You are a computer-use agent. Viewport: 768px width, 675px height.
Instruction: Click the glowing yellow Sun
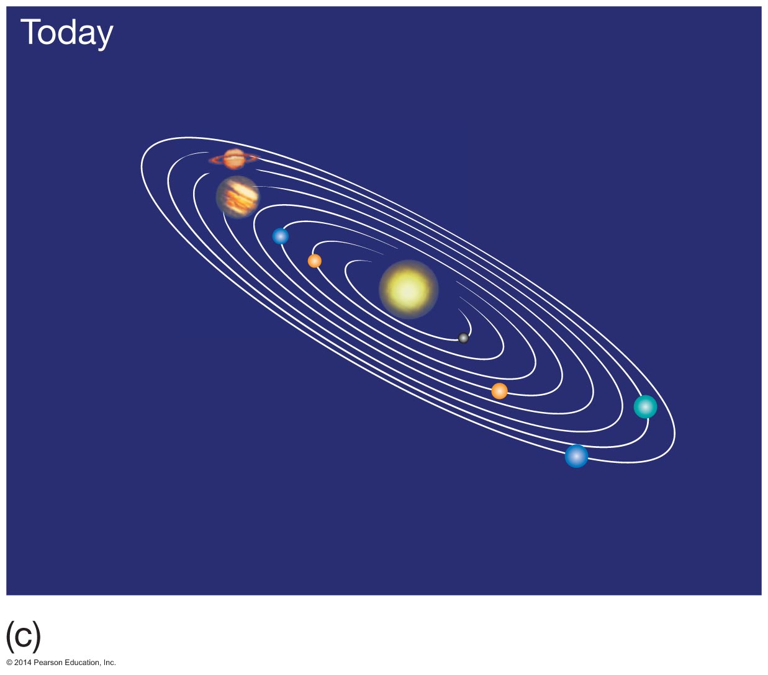point(409,289)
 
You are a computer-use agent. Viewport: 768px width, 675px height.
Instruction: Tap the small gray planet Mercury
point(463,338)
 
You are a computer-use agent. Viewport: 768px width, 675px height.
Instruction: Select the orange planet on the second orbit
point(314,261)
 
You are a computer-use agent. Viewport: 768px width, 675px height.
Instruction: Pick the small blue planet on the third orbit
point(281,236)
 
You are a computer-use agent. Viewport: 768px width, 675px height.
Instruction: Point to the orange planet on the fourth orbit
point(499,391)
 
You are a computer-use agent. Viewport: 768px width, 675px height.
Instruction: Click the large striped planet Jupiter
point(238,197)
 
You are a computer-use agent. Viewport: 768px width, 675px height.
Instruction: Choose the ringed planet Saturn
point(234,159)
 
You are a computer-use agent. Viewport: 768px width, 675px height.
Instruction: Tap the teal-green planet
point(645,406)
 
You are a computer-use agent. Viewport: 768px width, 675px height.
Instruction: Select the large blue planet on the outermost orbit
point(576,456)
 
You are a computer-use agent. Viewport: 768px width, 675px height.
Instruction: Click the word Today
point(66,34)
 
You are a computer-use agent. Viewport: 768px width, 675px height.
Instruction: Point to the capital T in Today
point(30,32)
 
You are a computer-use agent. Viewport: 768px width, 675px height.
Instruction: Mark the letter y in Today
point(103,37)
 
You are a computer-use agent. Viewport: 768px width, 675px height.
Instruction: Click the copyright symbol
point(9,663)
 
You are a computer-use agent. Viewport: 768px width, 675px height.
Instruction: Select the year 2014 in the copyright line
point(23,663)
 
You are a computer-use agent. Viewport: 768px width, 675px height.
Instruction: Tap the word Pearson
point(48,663)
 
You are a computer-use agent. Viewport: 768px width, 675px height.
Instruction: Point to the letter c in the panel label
point(23,637)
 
